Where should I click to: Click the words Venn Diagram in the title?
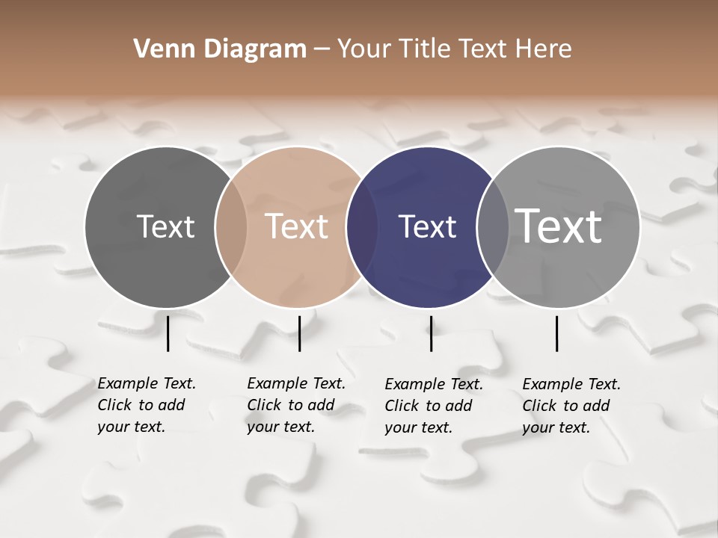tap(220, 49)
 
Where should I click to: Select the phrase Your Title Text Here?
tap(454, 49)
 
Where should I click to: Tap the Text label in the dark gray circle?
tap(165, 226)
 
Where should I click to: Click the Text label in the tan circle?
tap(297, 226)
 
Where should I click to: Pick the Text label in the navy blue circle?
tap(427, 226)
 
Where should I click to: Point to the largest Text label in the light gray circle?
tap(559, 226)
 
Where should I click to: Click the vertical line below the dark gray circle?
tap(168, 333)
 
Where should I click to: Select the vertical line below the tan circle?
tap(299, 333)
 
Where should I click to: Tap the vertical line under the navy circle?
tap(431, 333)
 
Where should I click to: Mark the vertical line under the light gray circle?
tap(557, 333)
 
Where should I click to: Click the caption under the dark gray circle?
tap(146, 405)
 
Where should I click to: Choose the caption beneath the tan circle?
tap(295, 405)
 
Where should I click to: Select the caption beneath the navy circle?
tap(433, 406)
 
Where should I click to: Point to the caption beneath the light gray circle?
tap(571, 406)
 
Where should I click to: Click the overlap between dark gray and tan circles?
tap(231, 226)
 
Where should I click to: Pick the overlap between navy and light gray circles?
tap(492, 226)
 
